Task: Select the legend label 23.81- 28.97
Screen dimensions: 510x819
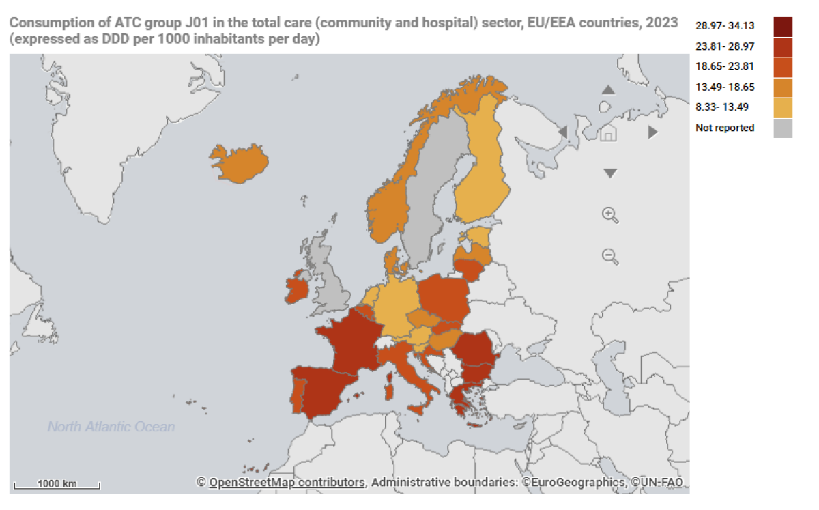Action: tap(725, 46)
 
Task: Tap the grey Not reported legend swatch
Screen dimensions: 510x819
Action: tap(783, 128)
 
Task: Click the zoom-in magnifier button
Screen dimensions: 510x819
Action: tap(609, 214)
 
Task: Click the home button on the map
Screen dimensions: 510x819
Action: tap(608, 132)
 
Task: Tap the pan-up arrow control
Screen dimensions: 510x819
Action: tap(609, 90)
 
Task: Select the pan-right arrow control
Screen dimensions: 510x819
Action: tap(653, 132)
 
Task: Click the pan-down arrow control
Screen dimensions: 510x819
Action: tap(610, 174)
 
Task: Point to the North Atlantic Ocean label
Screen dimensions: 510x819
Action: tap(111, 427)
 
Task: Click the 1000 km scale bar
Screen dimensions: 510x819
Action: tap(57, 485)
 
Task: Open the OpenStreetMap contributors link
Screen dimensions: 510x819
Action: tap(287, 483)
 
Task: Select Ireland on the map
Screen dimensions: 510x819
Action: tap(298, 288)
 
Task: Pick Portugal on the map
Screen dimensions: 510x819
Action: tap(298, 395)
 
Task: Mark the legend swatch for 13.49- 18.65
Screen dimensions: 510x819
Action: tap(783, 87)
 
